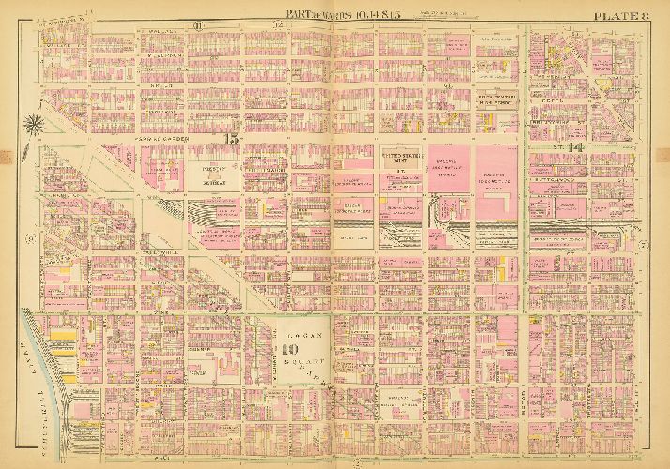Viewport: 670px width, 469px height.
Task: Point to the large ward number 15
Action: pos(231,138)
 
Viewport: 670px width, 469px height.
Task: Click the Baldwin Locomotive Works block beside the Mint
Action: pos(449,172)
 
